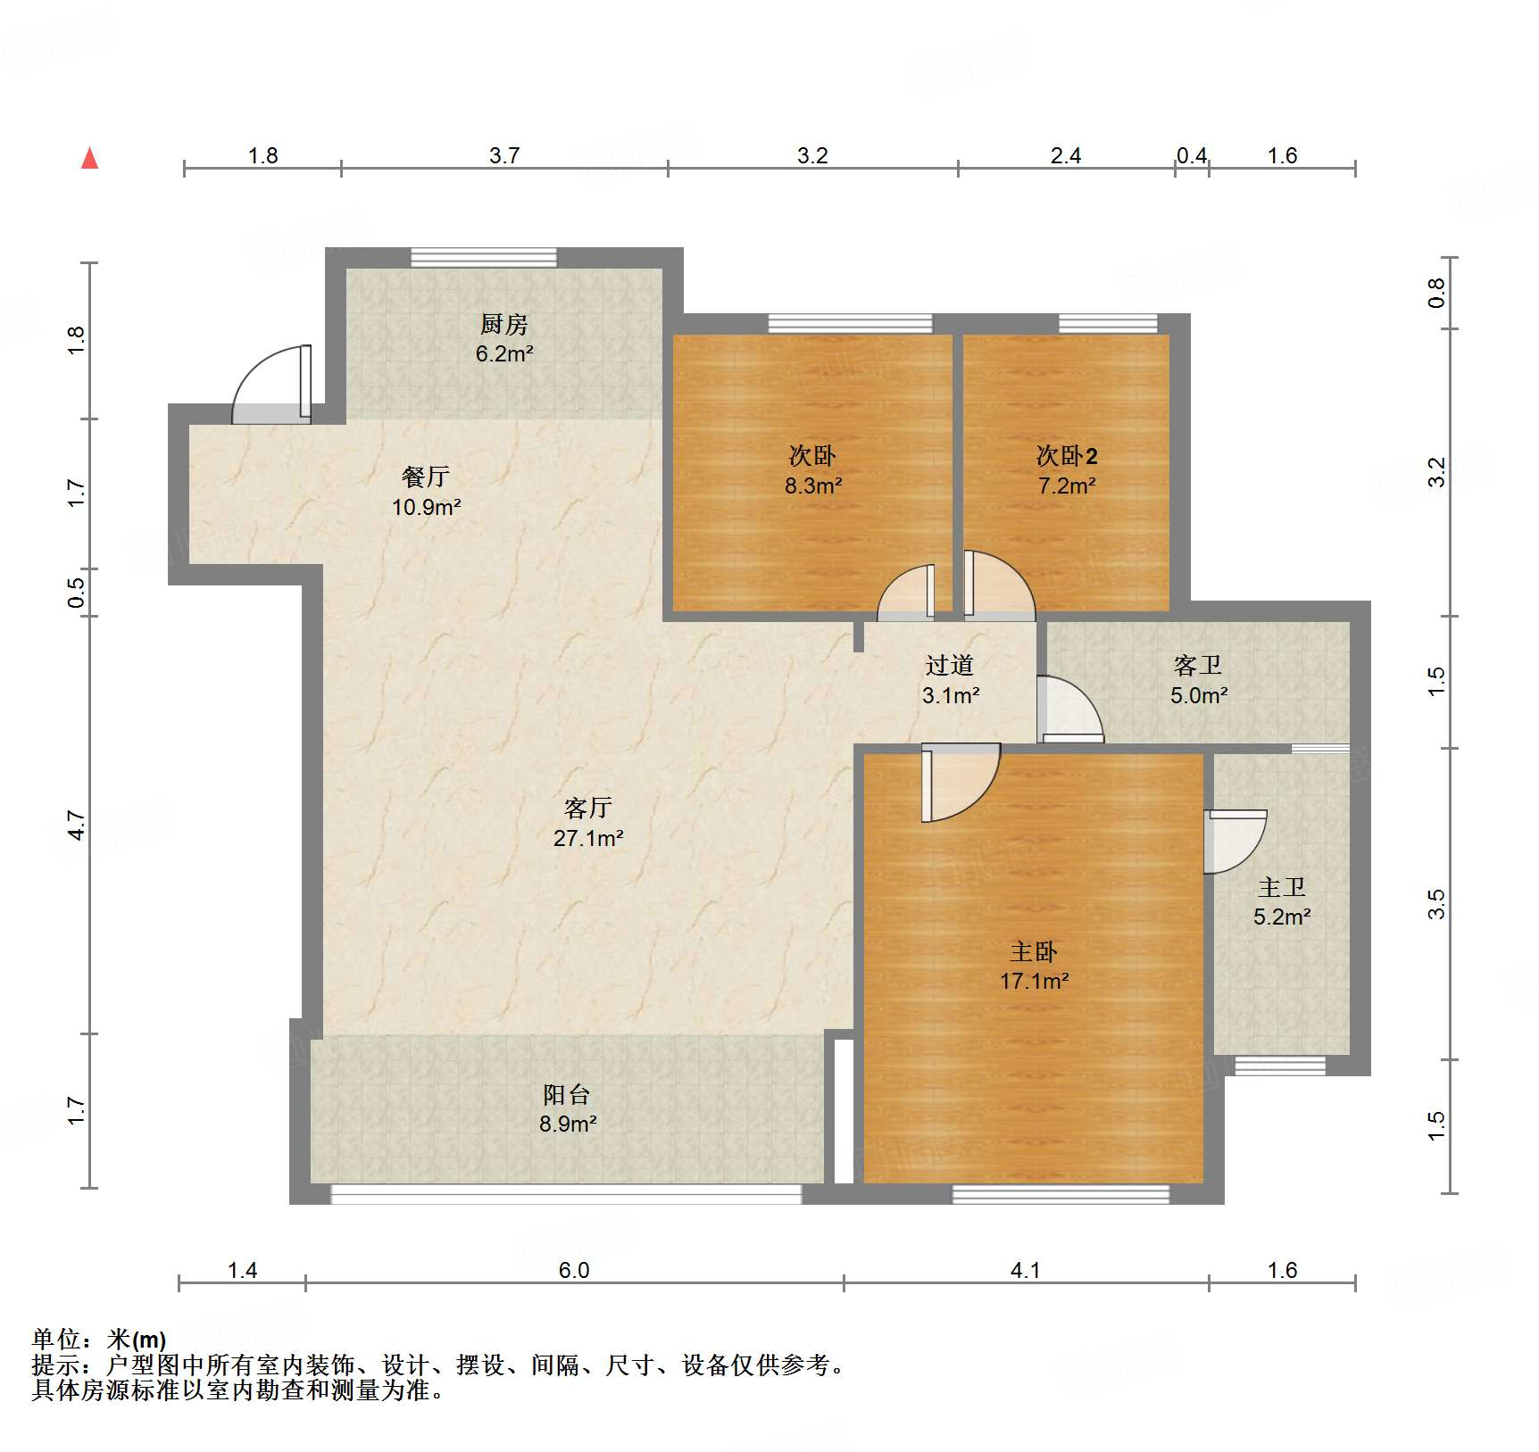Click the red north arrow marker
90,159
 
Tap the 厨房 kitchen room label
503,324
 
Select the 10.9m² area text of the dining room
426,508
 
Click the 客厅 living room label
587,808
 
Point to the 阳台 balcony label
567,1094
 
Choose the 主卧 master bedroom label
1033,951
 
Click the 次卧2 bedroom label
1066,456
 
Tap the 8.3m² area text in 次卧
812,486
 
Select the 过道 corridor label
949,665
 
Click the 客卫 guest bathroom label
1197,665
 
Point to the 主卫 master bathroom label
1281,887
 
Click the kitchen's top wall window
483,258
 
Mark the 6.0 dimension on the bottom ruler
573,1270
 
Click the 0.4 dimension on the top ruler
1191,156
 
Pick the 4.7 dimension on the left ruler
77,826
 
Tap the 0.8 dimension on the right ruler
1435,293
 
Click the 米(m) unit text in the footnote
137,1340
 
